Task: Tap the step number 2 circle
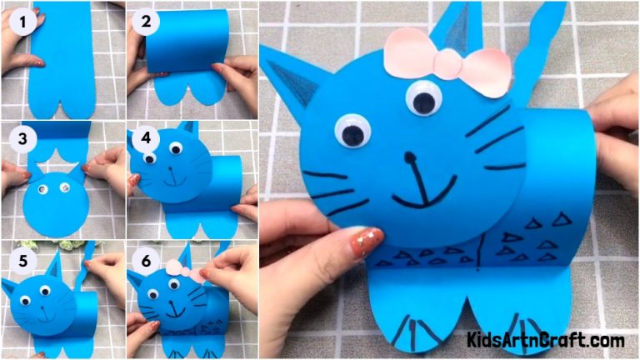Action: (146, 22)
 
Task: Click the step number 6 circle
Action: (147, 260)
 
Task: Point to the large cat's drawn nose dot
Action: (408, 155)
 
